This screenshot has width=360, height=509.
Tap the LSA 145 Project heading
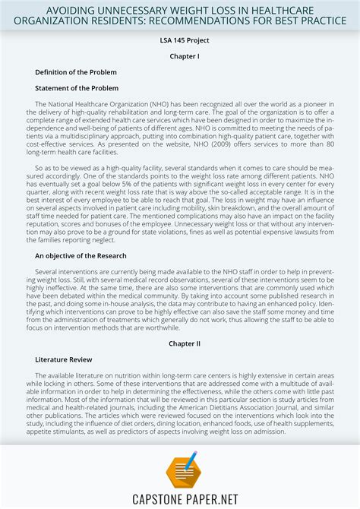coord(180,40)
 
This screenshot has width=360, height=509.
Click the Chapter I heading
coord(180,56)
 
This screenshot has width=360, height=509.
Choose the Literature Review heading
coord(63,359)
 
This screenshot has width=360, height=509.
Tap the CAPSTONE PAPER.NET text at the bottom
coord(180,498)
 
